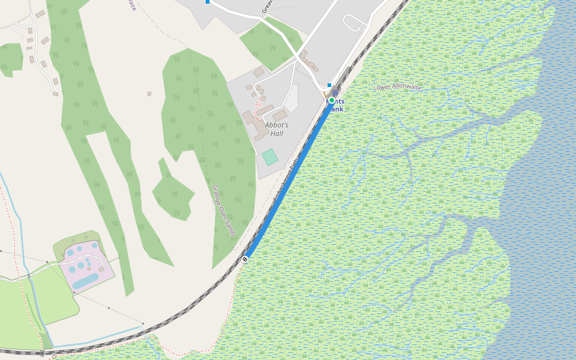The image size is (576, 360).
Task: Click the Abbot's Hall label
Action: [x=277, y=129]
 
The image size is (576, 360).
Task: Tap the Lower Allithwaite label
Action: [x=397, y=87]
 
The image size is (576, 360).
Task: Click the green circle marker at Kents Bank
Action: [x=331, y=100]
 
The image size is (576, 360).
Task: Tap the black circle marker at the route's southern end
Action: [x=245, y=259]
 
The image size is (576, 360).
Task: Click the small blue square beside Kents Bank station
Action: [x=329, y=85]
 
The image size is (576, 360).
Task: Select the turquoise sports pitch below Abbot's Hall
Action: [x=270, y=157]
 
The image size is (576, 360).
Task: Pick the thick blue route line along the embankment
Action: [x=288, y=180]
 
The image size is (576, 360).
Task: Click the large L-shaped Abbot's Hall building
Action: [x=251, y=120]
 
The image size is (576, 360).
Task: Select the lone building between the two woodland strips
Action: [x=149, y=94]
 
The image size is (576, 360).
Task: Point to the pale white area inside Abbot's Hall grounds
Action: [x=292, y=99]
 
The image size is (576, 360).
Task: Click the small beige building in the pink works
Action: [x=101, y=269]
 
